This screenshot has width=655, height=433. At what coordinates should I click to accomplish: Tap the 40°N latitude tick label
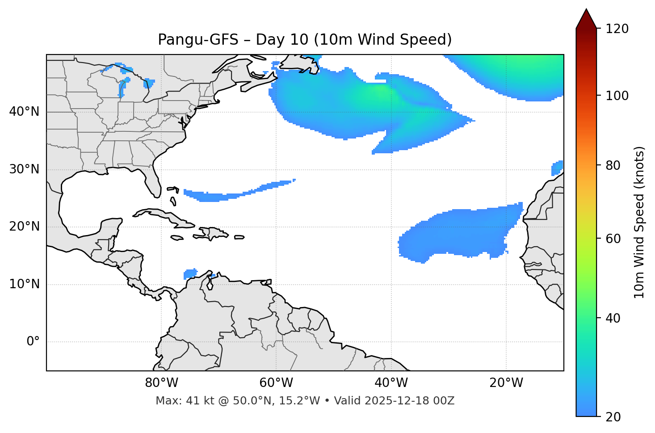click(x=24, y=112)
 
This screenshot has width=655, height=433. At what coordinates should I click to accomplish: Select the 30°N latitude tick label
click(x=24, y=169)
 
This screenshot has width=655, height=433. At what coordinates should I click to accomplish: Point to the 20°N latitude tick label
click(x=24, y=227)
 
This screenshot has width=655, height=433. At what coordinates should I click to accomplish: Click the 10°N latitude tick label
click(x=24, y=284)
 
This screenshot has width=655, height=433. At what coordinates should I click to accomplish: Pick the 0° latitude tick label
click(x=33, y=341)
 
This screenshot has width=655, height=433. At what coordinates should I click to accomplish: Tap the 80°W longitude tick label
click(x=161, y=383)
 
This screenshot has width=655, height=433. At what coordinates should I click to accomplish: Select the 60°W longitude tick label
click(x=276, y=383)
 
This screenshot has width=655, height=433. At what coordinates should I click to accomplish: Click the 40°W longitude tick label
click(x=391, y=383)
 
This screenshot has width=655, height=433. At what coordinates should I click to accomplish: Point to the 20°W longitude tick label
click(x=506, y=383)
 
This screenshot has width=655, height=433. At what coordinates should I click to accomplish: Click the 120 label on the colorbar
click(x=617, y=29)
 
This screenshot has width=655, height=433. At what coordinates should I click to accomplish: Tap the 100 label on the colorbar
click(x=617, y=96)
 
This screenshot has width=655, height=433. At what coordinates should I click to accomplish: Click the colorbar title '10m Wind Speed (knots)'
click(x=639, y=222)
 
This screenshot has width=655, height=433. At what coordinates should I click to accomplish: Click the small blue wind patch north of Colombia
click(x=191, y=273)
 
